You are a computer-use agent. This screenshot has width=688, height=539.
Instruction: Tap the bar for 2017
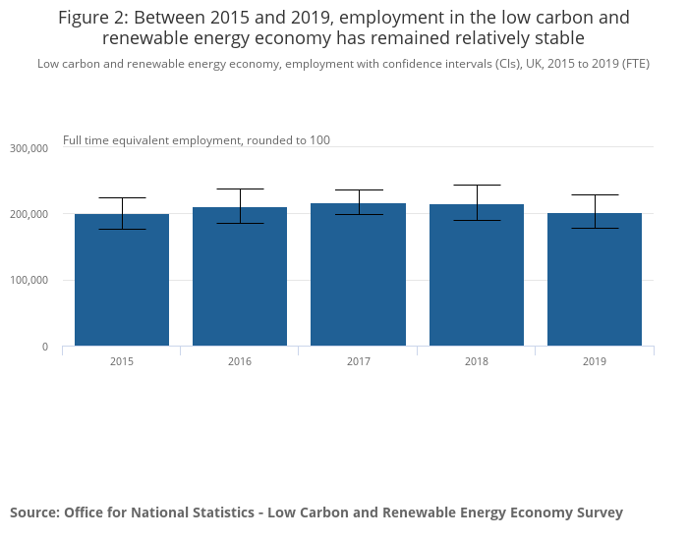tap(358, 278)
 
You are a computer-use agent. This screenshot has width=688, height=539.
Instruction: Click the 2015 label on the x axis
tap(122, 361)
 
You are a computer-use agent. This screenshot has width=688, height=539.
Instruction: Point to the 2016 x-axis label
tap(240, 361)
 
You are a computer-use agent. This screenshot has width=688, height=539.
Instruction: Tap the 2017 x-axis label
tap(358, 361)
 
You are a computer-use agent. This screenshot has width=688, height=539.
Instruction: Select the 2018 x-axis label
tap(477, 361)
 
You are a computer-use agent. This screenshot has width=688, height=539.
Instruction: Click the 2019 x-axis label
tap(595, 361)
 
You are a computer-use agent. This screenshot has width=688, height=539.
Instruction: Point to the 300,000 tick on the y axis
tap(29, 148)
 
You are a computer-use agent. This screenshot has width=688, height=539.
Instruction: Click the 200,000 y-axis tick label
tap(29, 214)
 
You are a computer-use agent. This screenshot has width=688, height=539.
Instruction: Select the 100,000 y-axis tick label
tap(29, 281)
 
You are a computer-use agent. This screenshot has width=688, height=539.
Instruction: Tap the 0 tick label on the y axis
tap(44, 347)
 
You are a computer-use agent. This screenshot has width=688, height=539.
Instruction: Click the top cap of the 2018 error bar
tap(477, 185)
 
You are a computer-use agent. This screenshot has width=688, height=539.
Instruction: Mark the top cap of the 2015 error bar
tap(122, 197)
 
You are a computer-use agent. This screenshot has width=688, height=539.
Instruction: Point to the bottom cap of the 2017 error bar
tap(358, 214)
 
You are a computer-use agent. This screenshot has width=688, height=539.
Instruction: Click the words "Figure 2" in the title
tap(91, 18)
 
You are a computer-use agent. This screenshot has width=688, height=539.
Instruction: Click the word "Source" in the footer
tap(33, 512)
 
